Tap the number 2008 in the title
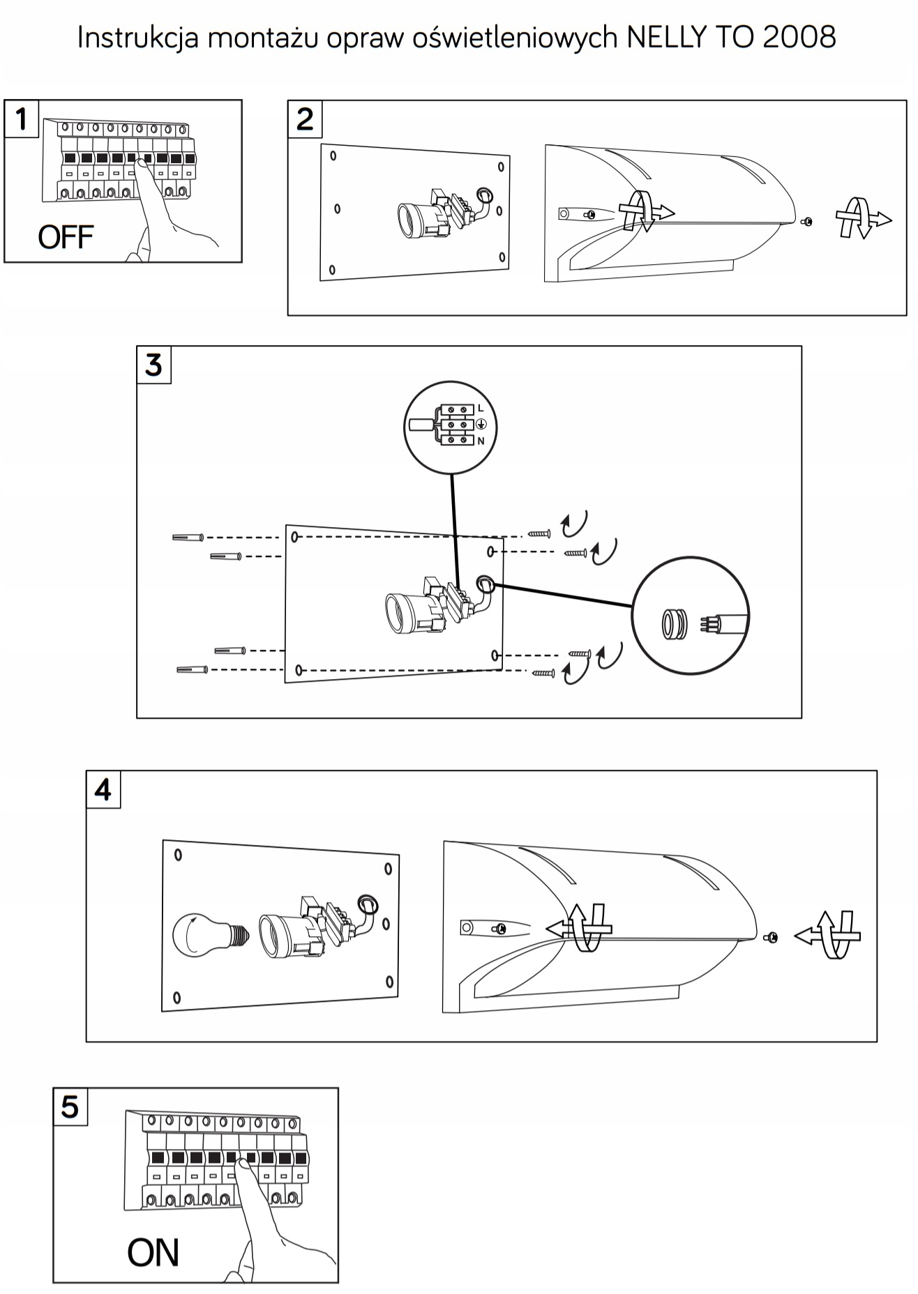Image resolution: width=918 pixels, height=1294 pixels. pyautogui.click(x=799, y=38)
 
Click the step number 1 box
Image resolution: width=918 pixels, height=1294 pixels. pyautogui.click(x=22, y=119)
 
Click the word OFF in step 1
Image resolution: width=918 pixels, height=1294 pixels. pyautogui.click(x=66, y=238)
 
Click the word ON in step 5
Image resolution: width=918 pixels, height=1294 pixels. pyautogui.click(x=153, y=1253)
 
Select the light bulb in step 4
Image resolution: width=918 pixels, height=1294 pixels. pyautogui.click(x=204, y=936)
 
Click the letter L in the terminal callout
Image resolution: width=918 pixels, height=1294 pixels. pyautogui.click(x=481, y=408)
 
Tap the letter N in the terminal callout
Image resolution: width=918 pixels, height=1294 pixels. pyautogui.click(x=481, y=441)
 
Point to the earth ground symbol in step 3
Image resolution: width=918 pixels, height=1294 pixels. pyautogui.click(x=481, y=425)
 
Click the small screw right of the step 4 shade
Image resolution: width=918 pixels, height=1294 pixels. pyautogui.click(x=772, y=938)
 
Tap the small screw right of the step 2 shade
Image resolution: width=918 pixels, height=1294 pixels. pyautogui.click(x=808, y=221)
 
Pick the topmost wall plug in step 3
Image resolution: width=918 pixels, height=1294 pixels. pyautogui.click(x=188, y=537)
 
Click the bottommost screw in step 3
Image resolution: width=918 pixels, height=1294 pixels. pyautogui.click(x=543, y=673)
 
